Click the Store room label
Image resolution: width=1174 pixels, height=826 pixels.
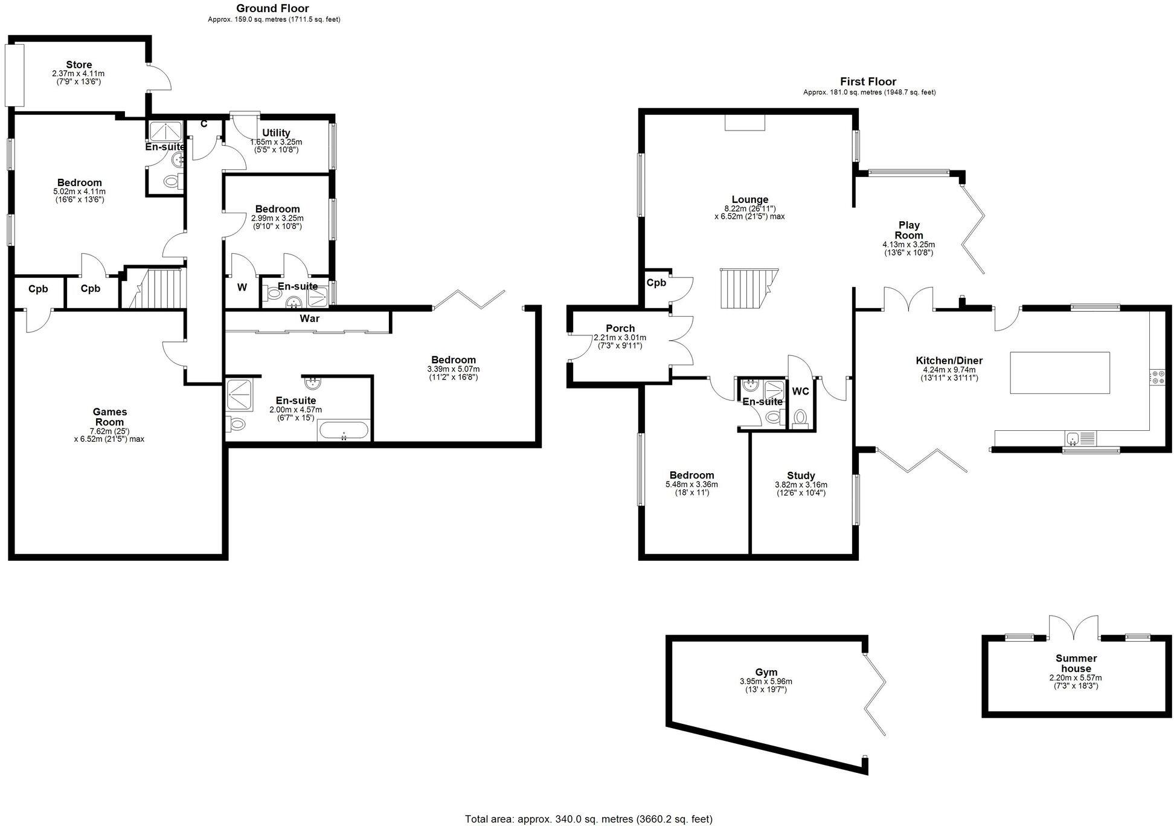pos(79,65)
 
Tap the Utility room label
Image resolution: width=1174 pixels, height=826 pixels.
pos(276,133)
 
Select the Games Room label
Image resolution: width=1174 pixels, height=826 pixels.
pos(109,417)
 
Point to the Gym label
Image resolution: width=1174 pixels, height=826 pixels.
pos(766,672)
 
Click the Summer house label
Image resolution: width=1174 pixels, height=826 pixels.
pos(1076,663)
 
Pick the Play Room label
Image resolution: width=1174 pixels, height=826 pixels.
pos(908,230)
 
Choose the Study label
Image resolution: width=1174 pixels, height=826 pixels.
pos(801,476)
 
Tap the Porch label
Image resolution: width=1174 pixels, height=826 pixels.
pos(620,329)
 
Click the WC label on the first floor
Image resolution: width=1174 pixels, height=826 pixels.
pos(800,392)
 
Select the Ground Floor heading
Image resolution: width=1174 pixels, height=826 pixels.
pos(272,8)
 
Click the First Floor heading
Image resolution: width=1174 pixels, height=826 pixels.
pos(868,82)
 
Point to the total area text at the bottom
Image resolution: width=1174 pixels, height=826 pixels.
pos(588,819)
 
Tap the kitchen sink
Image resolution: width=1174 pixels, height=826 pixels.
pos(1073,437)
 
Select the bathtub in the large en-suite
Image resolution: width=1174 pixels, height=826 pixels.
pos(343,431)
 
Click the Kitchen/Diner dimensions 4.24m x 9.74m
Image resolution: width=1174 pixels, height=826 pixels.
pos(949,370)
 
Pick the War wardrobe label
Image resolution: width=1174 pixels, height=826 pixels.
pos(310,318)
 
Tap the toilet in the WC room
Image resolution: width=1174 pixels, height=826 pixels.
pos(800,418)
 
